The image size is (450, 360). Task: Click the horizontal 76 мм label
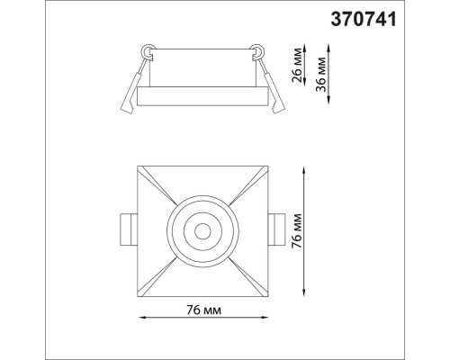[x=205, y=309]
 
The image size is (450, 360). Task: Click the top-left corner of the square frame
[x=139, y=166]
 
